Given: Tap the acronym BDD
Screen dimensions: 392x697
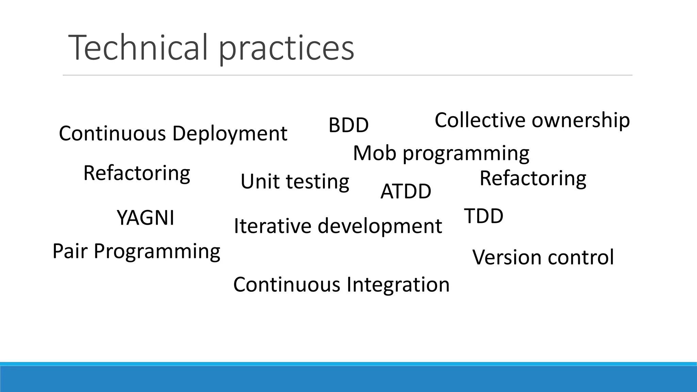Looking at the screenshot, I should click(348, 125).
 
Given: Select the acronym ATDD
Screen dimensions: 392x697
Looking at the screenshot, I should click(406, 191).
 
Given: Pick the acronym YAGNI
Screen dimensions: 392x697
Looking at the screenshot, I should click(145, 218).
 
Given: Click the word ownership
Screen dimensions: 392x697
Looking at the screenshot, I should click(581, 120).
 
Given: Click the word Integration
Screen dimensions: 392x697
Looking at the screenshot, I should click(398, 284).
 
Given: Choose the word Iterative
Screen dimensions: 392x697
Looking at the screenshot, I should click(273, 226).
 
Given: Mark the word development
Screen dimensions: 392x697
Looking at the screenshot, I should click(379, 226).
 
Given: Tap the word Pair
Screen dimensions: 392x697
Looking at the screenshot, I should click(70, 251).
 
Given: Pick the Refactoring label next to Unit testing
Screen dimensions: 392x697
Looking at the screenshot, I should click(136, 173).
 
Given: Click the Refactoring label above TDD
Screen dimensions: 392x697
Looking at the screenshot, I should click(533, 178).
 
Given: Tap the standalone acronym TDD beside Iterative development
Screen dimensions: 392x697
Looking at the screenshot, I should click(484, 216).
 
